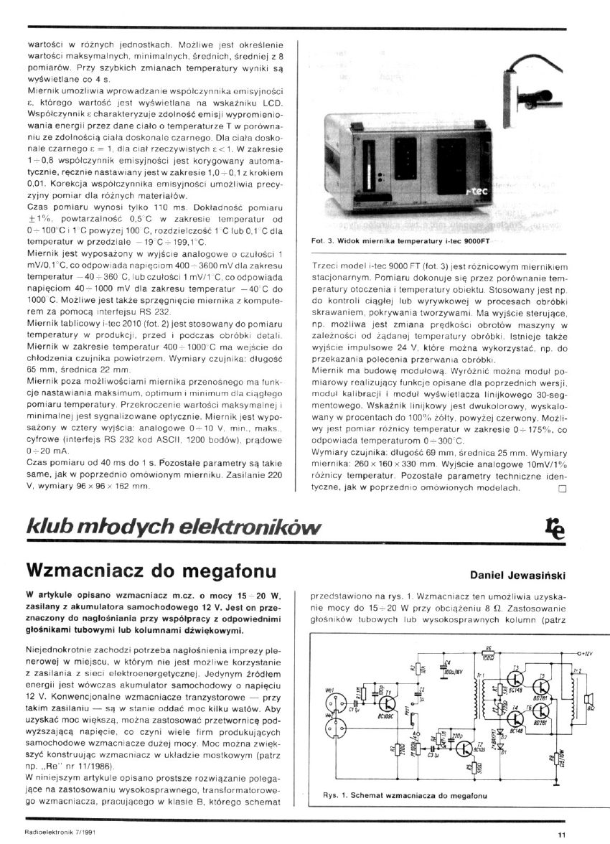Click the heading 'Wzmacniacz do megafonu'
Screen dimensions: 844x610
(151, 571)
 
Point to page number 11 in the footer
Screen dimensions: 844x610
(561, 835)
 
